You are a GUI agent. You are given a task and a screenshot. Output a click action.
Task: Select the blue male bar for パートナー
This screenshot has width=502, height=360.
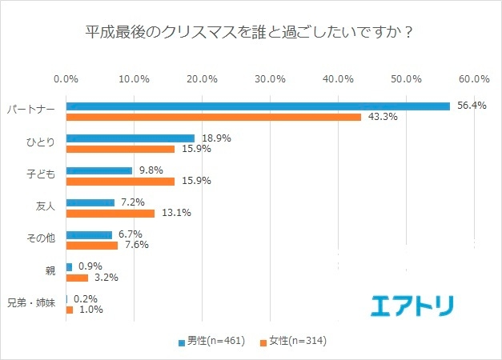257,106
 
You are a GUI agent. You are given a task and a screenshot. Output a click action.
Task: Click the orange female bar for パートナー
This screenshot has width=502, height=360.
213,117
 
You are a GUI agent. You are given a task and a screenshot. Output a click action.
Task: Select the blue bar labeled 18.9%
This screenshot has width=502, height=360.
130,138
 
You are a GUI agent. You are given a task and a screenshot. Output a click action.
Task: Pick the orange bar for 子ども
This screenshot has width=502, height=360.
119,181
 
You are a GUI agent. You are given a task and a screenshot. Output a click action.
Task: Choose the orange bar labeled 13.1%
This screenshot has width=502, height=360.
110,214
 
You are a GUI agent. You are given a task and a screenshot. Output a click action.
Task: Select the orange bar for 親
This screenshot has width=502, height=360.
77,278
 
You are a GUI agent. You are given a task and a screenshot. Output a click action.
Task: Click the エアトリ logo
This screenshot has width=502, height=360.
412,306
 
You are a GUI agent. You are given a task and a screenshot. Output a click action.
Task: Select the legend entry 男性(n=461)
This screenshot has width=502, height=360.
211,341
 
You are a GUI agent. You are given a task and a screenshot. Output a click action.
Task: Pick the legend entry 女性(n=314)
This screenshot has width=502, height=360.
293,341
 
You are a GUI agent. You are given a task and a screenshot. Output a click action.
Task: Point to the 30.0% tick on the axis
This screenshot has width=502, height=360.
271,79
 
